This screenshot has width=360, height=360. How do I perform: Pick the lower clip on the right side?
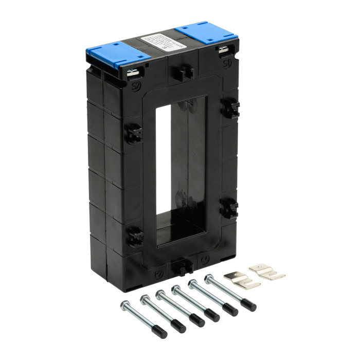tap(229, 208)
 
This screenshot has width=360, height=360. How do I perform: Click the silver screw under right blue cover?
tap(223, 50)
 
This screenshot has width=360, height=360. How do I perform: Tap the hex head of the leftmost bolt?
tap(125, 305)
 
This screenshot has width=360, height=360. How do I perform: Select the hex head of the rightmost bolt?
tap(209, 279)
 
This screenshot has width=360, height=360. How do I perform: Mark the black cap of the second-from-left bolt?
tap(178, 326)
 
